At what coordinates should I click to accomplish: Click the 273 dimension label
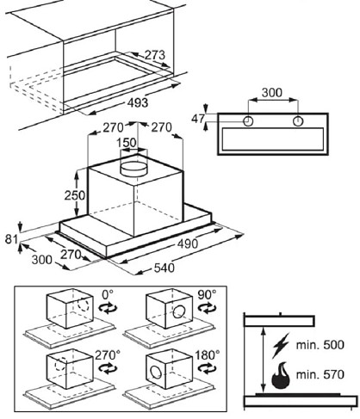(x=155, y=55)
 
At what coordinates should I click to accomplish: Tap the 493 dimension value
(x=138, y=102)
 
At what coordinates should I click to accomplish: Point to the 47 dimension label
(x=198, y=119)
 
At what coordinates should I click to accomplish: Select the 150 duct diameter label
(x=127, y=143)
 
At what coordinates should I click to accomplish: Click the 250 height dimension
(x=75, y=195)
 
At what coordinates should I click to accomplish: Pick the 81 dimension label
(x=11, y=239)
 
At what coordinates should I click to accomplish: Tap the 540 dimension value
(x=164, y=268)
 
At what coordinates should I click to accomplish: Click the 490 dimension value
(x=188, y=243)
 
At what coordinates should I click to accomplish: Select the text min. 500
(x=320, y=344)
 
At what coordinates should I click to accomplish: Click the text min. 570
(x=320, y=374)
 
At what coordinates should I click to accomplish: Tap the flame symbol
(x=281, y=375)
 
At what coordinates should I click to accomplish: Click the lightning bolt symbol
(x=281, y=345)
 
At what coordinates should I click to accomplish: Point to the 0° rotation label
(x=108, y=294)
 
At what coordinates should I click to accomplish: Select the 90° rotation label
(x=207, y=294)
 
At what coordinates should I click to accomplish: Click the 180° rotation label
(x=208, y=355)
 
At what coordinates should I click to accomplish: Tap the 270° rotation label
(x=108, y=355)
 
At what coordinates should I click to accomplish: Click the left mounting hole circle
(x=248, y=121)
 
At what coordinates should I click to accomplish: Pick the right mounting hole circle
(x=298, y=121)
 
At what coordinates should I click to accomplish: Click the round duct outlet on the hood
(x=134, y=169)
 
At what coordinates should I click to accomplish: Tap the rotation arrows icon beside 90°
(x=207, y=308)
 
